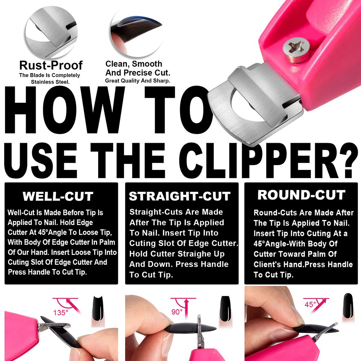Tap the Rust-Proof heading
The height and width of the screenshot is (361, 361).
pyautogui.click(x=51, y=65)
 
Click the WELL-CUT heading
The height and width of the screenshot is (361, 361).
pyautogui.click(x=58, y=197)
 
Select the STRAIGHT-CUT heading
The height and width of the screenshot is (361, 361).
pyautogui.click(x=180, y=197)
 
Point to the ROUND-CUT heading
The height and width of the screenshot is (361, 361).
pyautogui.click(x=301, y=195)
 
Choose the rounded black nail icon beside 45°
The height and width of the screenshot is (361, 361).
pyautogui.click(x=347, y=306)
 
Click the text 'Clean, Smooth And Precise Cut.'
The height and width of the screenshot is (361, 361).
pyautogui.click(x=134, y=68)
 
